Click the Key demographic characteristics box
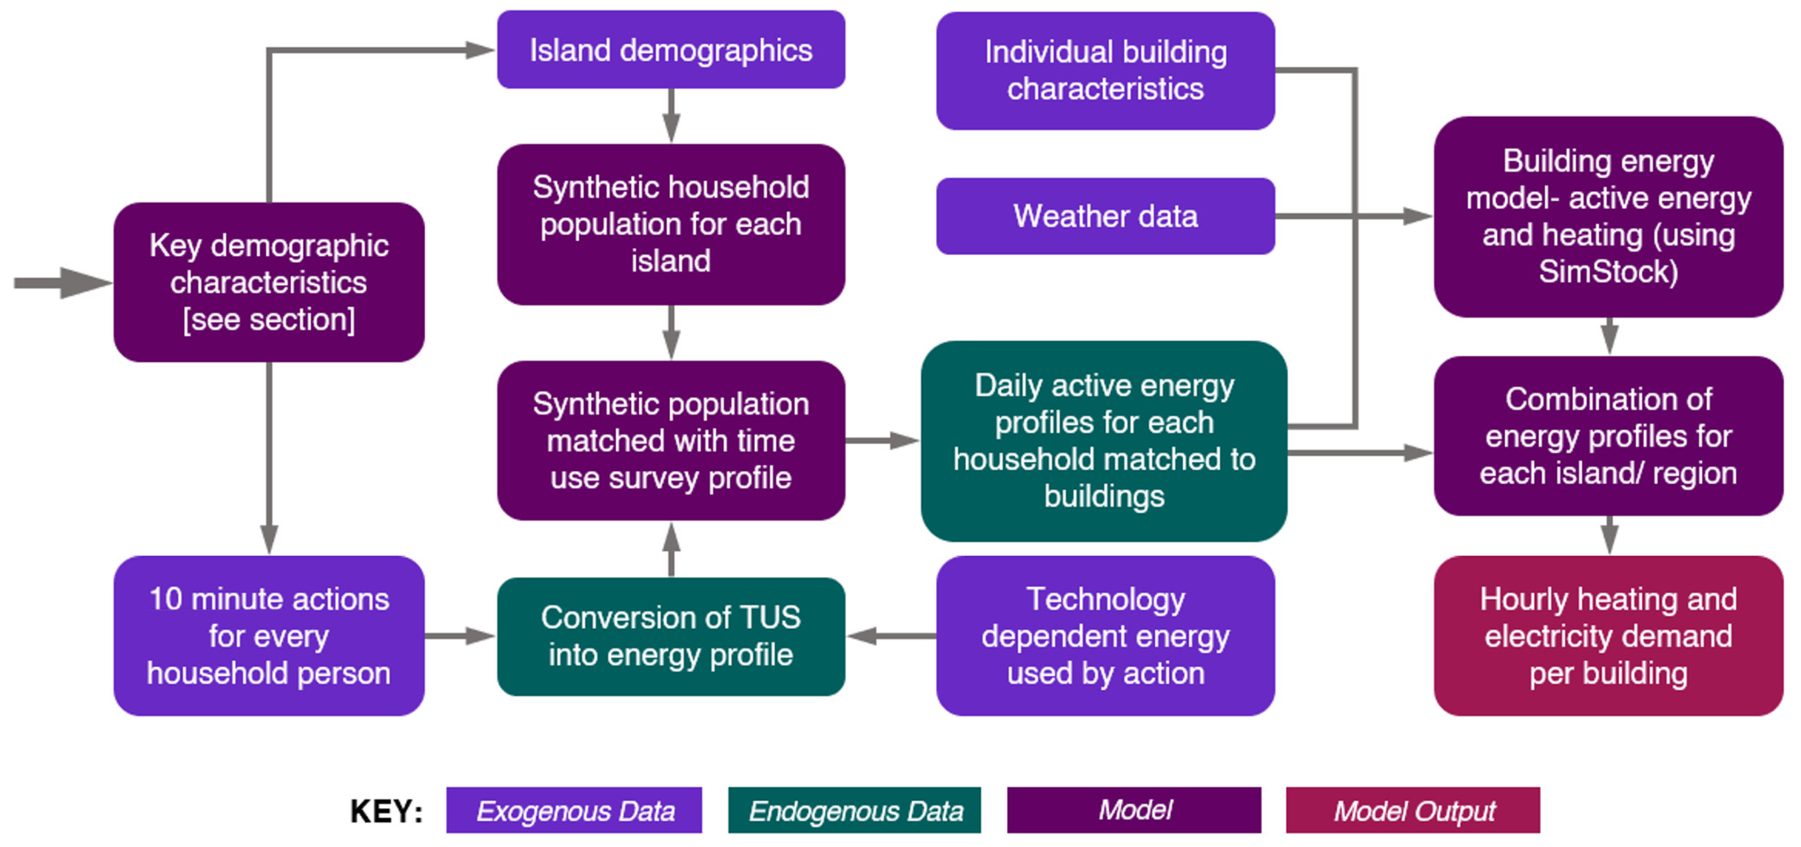269,282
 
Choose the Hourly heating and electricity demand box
1608,636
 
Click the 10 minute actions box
269,636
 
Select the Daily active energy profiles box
1104,441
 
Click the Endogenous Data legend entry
855,811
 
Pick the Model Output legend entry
1413,811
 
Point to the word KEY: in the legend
386,811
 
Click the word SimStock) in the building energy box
1608,272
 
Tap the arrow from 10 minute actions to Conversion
460,636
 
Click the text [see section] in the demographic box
269,319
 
